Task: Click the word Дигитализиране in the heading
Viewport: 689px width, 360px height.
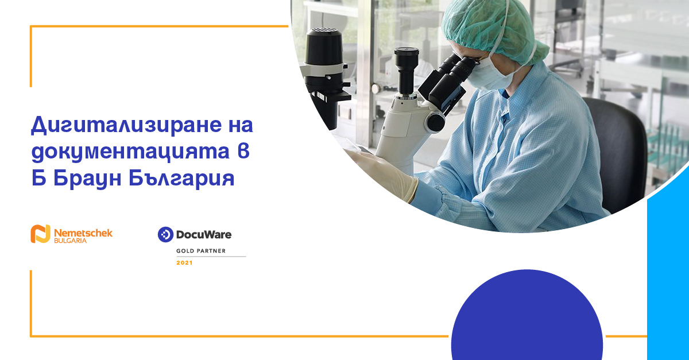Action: (x=126, y=125)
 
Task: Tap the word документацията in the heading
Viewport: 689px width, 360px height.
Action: (x=130, y=152)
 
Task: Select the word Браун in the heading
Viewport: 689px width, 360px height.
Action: (x=87, y=179)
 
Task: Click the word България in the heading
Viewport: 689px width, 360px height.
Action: (x=182, y=179)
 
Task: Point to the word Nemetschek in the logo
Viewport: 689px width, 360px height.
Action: (x=83, y=233)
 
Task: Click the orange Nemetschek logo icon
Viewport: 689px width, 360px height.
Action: (x=40, y=234)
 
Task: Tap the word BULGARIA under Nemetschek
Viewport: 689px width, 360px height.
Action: (x=70, y=241)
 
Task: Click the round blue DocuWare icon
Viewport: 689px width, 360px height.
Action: (x=165, y=234)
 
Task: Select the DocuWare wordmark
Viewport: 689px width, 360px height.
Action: (x=204, y=235)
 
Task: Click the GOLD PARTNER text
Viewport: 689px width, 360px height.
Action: (x=201, y=251)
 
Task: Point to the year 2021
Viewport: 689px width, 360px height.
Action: (x=184, y=263)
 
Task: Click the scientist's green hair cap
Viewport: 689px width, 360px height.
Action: (x=492, y=29)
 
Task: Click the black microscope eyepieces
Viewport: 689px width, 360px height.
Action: (x=447, y=80)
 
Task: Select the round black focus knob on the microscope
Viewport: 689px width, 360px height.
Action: (x=435, y=122)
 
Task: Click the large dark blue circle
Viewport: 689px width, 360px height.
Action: (x=527, y=315)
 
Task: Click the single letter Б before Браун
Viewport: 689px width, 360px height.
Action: (x=39, y=178)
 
